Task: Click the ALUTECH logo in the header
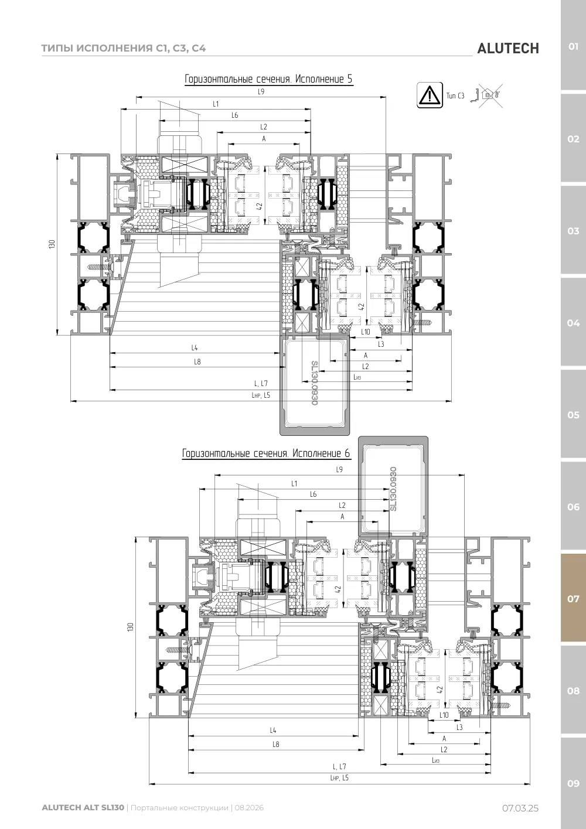pyautogui.click(x=508, y=49)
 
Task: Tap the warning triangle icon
pyautogui.click(x=430, y=95)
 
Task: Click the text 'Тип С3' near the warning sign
pyautogui.click(x=455, y=96)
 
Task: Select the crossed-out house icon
pyautogui.click(x=488, y=95)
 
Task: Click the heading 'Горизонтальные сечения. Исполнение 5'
pyautogui.click(x=268, y=79)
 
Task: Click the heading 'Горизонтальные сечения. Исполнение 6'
pyautogui.click(x=266, y=453)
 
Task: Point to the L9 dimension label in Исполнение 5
pyautogui.click(x=261, y=91)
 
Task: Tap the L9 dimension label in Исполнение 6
pyautogui.click(x=339, y=469)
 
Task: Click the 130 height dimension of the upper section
pyautogui.click(x=52, y=244)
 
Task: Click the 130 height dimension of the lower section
pyautogui.click(x=130, y=627)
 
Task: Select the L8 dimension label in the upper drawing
pyautogui.click(x=197, y=361)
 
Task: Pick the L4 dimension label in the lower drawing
pyautogui.click(x=273, y=730)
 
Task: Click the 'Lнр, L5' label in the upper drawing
pyautogui.click(x=261, y=395)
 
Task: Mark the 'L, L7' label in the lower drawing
pyautogui.click(x=339, y=766)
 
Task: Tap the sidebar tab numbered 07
pyautogui.click(x=573, y=598)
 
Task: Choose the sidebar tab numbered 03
pyautogui.click(x=573, y=231)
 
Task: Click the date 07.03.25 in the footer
pyautogui.click(x=520, y=808)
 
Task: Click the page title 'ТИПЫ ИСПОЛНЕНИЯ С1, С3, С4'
pyautogui.click(x=123, y=48)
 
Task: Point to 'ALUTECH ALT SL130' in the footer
pyautogui.click(x=83, y=807)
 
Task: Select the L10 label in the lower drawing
pyautogui.click(x=444, y=715)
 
